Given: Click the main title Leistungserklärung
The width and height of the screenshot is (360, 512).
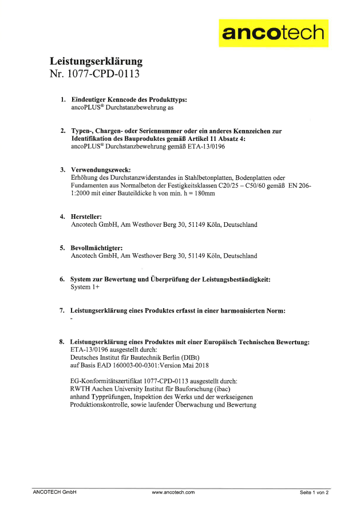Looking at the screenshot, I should click(96, 61).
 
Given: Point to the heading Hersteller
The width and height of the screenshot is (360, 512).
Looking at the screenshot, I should click(85, 216).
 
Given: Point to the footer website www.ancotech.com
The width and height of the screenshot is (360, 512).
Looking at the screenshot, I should click(173, 492).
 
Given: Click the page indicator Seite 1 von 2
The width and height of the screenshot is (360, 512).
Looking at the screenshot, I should click(314, 492).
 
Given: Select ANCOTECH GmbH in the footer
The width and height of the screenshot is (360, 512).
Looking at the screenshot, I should click(54, 492).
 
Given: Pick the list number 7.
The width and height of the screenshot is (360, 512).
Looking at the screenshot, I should click(62, 310).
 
